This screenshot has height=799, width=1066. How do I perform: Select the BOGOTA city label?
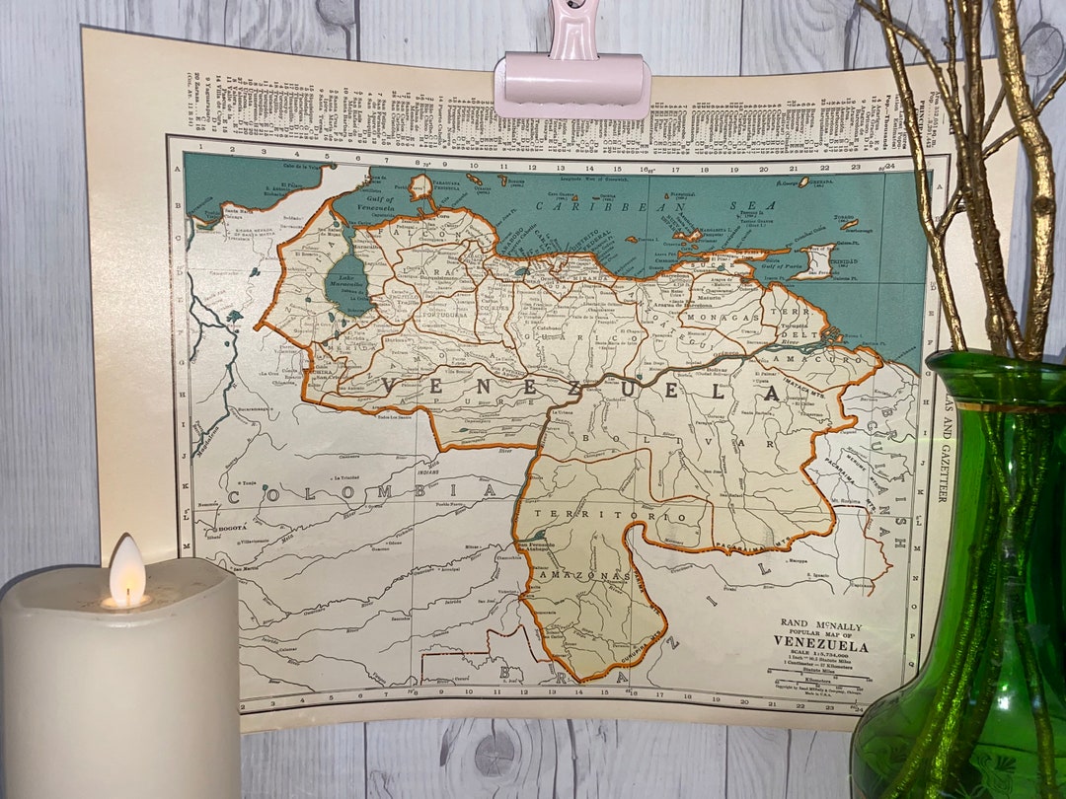(x=232, y=529)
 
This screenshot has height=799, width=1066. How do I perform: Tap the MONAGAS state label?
(x=730, y=319)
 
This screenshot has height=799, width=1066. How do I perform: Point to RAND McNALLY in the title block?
(x=821, y=624)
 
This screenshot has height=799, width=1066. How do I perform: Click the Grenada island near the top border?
(x=802, y=182)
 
